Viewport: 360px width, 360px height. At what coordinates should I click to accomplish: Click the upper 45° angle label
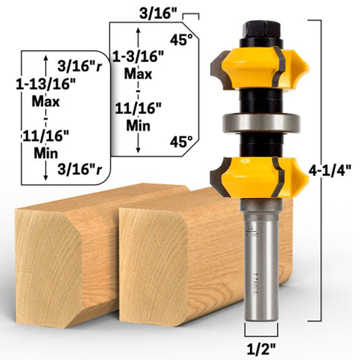[x=181, y=39]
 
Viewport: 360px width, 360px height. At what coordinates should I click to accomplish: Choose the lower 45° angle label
[x=181, y=143]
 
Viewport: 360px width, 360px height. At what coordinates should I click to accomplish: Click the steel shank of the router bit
[x=259, y=284]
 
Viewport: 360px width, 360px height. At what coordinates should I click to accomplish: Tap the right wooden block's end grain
[x=153, y=270]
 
